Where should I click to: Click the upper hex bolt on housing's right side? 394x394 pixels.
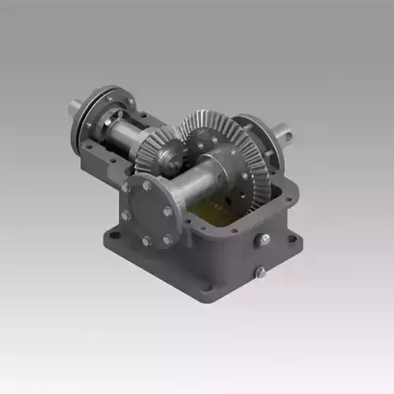265,239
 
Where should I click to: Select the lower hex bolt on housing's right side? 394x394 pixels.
260,273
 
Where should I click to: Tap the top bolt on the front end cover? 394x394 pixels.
147,186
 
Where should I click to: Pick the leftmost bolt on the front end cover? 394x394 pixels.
126,214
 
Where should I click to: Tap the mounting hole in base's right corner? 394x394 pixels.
292,237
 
